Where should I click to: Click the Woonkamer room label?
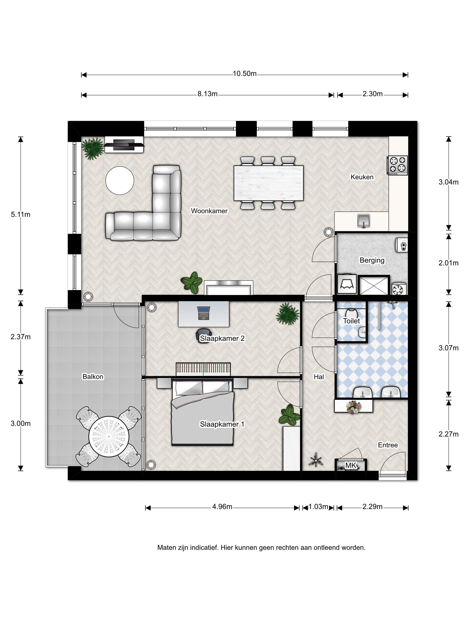pyautogui.click(x=209, y=211)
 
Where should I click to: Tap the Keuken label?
pyautogui.click(x=362, y=177)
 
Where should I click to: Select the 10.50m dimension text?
pyautogui.click(x=244, y=74)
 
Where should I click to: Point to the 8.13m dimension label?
pyautogui.click(x=207, y=94)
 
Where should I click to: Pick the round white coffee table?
pyautogui.click(x=120, y=181)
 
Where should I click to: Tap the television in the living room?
pyautogui.click(x=124, y=144)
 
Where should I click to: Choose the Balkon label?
pyautogui.click(x=93, y=377)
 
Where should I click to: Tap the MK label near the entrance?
pyautogui.click(x=351, y=465)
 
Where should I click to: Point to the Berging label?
pyautogui.click(x=372, y=260)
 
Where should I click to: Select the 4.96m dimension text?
pyautogui.click(x=222, y=507)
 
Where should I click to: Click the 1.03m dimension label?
pyautogui.click(x=318, y=507)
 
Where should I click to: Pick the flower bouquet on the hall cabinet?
pyautogui.click(x=353, y=407)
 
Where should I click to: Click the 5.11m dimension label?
pyautogui.click(x=21, y=214)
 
